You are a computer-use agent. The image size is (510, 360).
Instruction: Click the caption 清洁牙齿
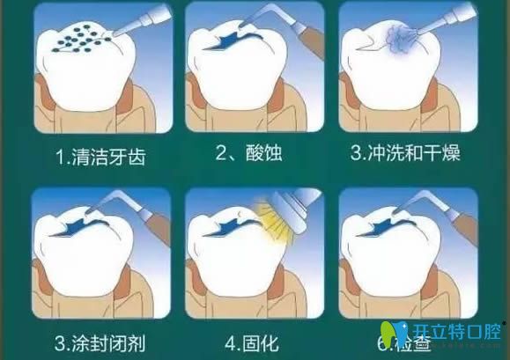coord(99,158)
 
